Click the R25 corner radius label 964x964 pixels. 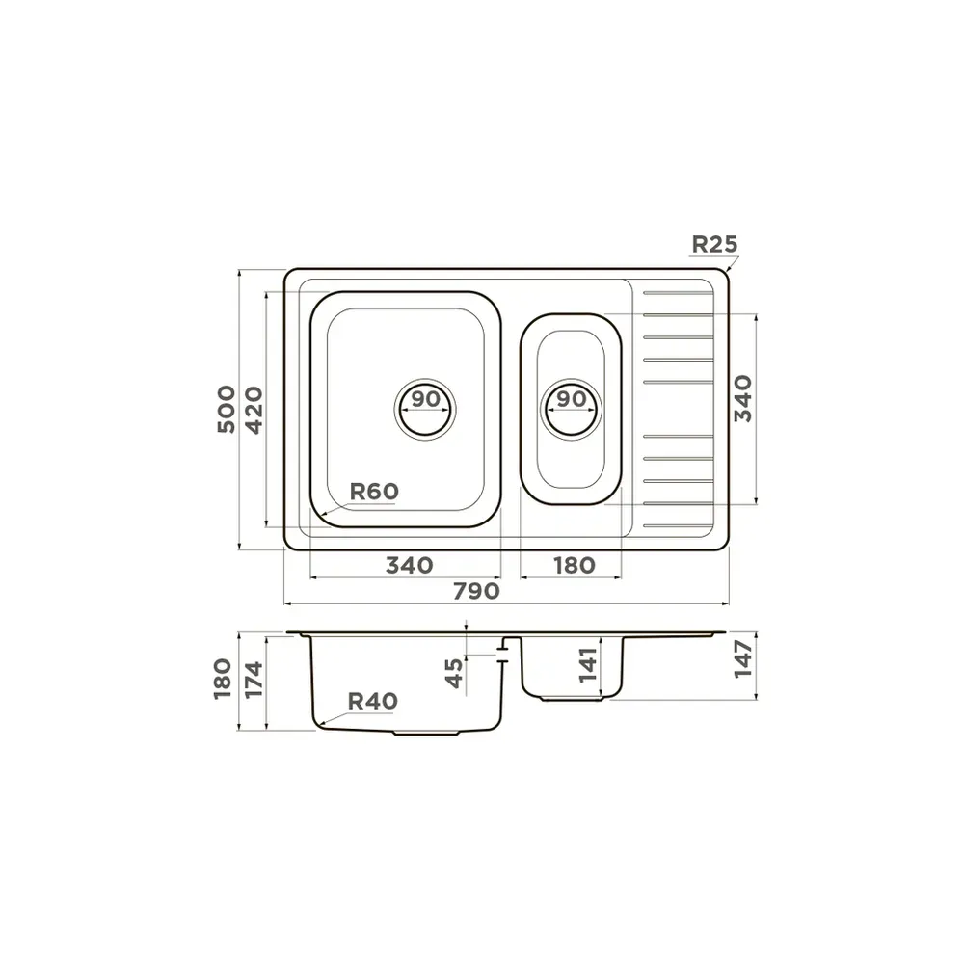pos(713,244)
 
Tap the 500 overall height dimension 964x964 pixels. pos(227,409)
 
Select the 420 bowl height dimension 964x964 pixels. pos(254,410)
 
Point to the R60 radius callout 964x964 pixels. pos(374,492)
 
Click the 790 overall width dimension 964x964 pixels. pos(476,591)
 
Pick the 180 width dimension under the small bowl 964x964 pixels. pos(575,565)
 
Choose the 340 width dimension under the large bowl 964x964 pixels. pos(409,565)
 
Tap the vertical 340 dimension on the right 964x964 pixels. pos(742,398)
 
